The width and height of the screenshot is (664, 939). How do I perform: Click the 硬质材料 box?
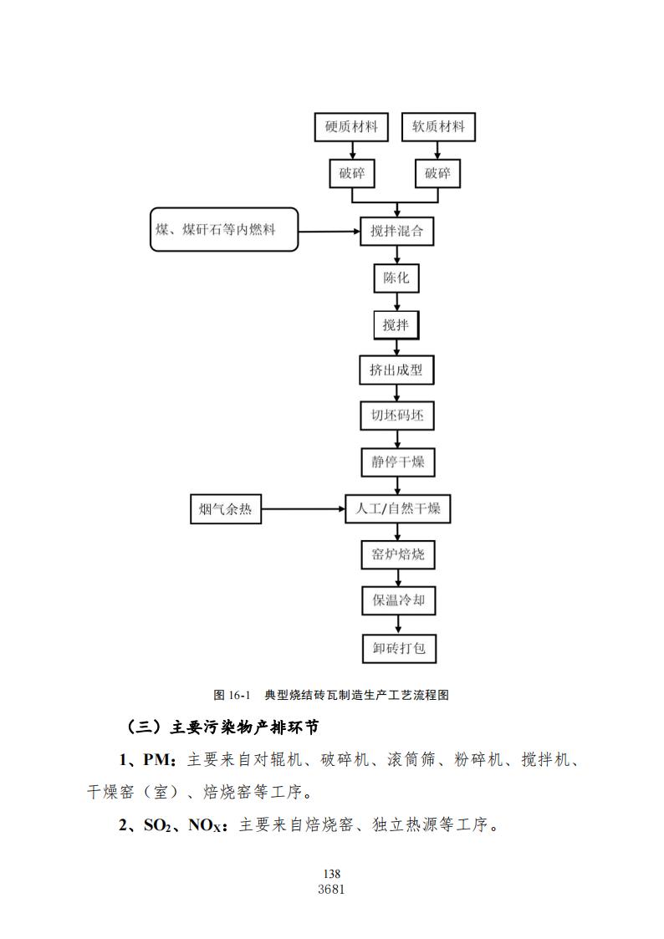coord(351,127)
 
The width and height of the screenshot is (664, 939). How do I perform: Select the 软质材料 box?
coord(438,127)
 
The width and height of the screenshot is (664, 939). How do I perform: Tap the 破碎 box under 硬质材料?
coord(351,174)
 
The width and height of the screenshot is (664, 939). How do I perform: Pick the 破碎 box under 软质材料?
coord(437,174)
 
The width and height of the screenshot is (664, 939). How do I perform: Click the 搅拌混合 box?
coord(397,231)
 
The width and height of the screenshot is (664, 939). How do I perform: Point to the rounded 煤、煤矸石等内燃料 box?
coord(224,229)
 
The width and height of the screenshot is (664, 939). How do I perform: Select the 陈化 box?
coord(396,278)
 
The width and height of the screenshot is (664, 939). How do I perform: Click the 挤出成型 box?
coord(397,370)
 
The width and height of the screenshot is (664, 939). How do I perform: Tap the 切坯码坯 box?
coord(397,416)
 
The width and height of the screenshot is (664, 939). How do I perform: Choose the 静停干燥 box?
coord(397,462)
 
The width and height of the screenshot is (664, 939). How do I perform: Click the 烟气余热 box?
coord(226,509)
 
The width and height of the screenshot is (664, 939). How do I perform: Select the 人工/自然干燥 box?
coord(397,509)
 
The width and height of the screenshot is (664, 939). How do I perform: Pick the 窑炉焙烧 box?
coord(398,554)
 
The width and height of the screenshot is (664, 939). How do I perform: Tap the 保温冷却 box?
coord(398,600)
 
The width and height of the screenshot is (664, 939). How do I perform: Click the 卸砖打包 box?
coord(400,649)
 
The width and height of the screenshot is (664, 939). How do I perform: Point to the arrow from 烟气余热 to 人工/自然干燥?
coord(303,509)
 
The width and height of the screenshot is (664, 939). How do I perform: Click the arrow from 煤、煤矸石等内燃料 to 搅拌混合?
coord(329,232)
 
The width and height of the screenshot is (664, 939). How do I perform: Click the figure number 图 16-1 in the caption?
coord(232,696)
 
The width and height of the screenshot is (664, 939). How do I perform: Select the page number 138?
coord(332,874)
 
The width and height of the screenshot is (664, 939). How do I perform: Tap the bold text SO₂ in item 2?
coord(158,826)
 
